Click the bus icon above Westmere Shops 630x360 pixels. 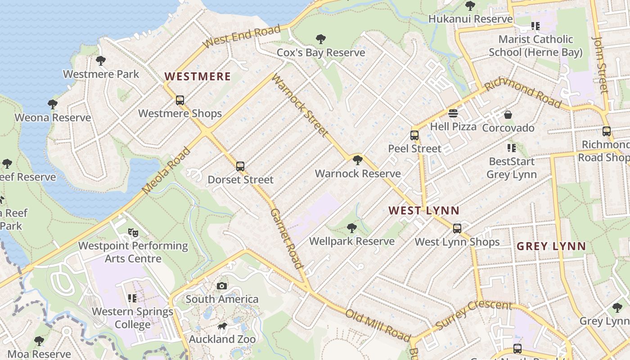180,100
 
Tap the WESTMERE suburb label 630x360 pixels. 198,76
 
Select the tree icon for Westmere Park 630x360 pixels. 101,60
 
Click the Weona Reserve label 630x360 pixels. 53,118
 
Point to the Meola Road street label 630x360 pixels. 166,171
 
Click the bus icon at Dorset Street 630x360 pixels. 240,166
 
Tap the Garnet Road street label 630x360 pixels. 286,238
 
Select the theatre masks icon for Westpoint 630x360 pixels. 133,232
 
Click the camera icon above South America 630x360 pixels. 222,286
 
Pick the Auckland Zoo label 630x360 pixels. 222,339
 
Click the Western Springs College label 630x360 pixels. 132,318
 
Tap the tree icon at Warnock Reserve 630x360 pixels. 358,160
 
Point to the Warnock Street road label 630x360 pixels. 300,105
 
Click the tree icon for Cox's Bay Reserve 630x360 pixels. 321,39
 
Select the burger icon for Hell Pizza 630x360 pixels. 453,113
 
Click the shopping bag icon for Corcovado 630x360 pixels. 508,115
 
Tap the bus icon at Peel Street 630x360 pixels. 414,135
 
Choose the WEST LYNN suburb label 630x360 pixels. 424,210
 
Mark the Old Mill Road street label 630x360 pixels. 378,325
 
